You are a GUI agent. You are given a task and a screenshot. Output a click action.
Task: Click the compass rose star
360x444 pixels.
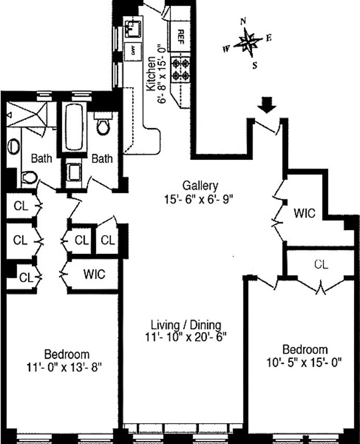pyautogui.click(x=248, y=44)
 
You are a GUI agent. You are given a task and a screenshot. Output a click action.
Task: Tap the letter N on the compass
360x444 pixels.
pyautogui.click(x=242, y=22)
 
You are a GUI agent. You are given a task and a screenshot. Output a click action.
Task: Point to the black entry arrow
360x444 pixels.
pyautogui.click(x=267, y=105)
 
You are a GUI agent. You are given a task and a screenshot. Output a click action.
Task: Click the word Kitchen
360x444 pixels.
pyautogui.click(x=150, y=75)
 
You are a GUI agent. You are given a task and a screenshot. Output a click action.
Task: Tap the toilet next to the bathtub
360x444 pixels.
pyautogui.click(x=103, y=125)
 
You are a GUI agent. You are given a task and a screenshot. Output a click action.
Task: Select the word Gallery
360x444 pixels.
pyautogui.click(x=200, y=185)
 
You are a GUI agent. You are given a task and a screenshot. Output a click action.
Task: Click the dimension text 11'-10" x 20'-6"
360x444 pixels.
pyautogui.click(x=186, y=337)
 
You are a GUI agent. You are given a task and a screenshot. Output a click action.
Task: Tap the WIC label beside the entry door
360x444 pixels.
pyautogui.click(x=304, y=213)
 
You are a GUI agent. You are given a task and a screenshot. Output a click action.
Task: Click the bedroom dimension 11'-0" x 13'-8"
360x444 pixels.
pyautogui.click(x=66, y=367)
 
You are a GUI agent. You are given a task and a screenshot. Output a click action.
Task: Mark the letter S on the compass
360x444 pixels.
pyautogui.click(x=254, y=65)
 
